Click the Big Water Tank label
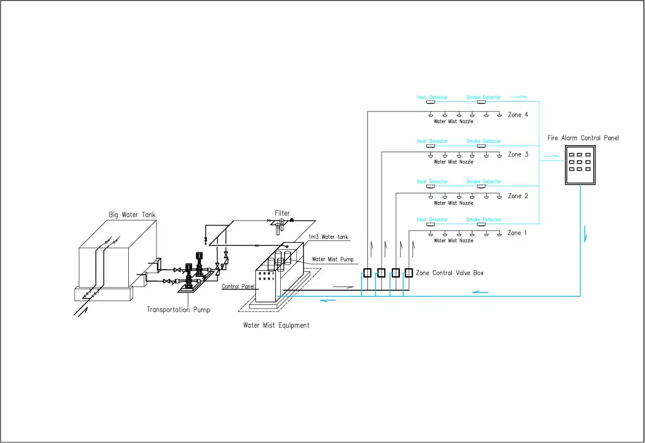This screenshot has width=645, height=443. coord(132,215)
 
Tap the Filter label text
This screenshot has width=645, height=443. coord(282,213)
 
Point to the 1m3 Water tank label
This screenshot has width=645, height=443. coord(328,237)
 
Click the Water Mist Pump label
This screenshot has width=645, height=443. coord(332,259)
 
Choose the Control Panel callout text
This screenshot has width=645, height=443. coord(239,286)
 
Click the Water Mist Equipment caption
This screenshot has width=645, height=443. coord(276,325)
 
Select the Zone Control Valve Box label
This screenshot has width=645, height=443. coord(449,273)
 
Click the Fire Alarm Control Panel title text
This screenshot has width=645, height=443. coord(583,139)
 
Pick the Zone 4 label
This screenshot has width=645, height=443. coord(518,115)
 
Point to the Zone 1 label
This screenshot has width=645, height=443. coord(518,233)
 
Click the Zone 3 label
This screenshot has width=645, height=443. coord(518,155)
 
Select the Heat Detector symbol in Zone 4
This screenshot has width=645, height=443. coord(431,102)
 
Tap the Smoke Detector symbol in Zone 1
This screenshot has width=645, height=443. coord(481,224)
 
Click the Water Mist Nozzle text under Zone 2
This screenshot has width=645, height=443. coord(453,203)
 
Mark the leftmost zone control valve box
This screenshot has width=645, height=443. coord(367,273)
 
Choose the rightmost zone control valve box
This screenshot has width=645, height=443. coord(409,273)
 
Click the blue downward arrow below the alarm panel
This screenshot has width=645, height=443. coord(585,237)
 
